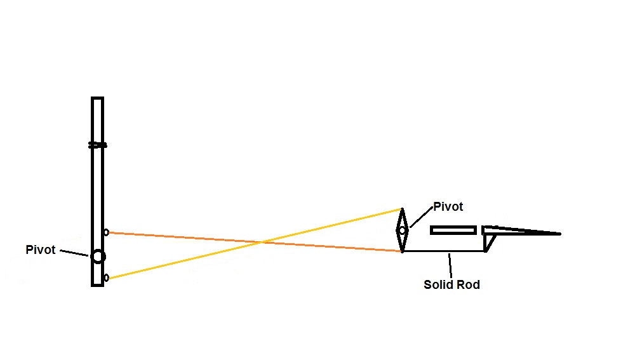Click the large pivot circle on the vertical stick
tap(98, 257)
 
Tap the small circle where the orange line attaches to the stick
tap(106, 232)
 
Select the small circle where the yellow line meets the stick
tap(106, 278)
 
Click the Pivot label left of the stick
tap(41, 250)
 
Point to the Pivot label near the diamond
tap(448, 206)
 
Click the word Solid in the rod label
tap(437, 284)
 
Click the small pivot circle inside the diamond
tap(402, 230)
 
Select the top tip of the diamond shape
tap(402, 209)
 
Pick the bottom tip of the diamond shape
tap(402, 251)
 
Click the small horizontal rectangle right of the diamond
tap(453, 230)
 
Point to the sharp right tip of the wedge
tap(560, 234)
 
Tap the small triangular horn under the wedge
tap(489, 243)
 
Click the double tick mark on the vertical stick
tap(98, 145)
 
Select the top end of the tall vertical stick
tap(98, 98)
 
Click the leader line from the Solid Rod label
tap(450, 265)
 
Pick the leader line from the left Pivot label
tap(74, 253)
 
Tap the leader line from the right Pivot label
tap(421, 217)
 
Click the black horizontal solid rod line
tap(444, 251)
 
